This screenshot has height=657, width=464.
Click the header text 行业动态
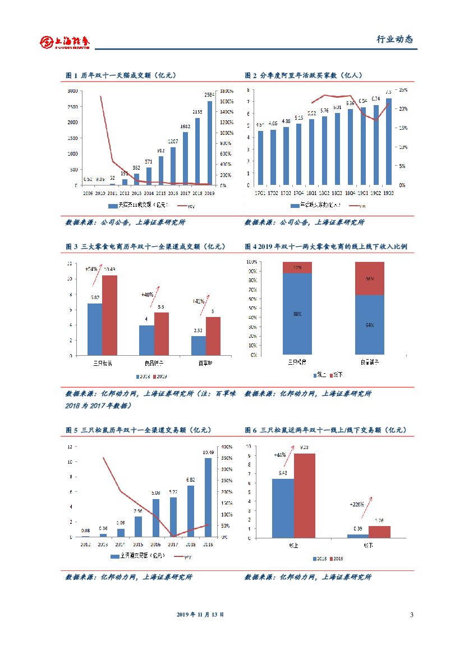click(394, 39)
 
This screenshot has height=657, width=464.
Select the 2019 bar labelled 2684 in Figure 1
click(210, 143)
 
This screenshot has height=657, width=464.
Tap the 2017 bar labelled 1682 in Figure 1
click(185, 158)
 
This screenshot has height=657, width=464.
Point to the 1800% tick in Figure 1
click(227, 91)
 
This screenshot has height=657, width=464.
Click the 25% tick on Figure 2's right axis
click(402, 90)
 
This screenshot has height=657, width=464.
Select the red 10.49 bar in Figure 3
click(109, 315)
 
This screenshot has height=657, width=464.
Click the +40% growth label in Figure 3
click(148, 294)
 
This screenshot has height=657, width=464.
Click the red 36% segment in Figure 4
click(369, 279)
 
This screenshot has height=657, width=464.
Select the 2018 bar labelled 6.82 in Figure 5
click(191, 511)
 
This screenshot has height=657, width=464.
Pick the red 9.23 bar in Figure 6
click(304, 495)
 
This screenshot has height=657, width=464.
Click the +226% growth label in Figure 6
click(357, 505)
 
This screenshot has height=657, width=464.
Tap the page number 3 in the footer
click(411, 615)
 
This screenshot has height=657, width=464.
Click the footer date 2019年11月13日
click(200, 615)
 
